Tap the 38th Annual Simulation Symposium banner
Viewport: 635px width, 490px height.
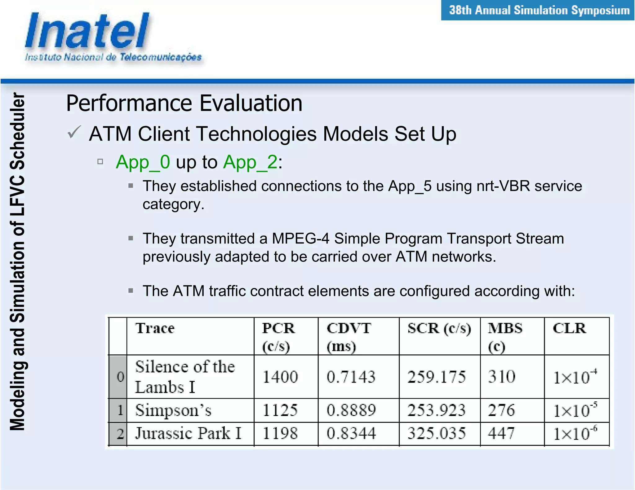pyautogui.click(x=539, y=11)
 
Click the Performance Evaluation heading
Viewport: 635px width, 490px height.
pyautogui.click(x=184, y=103)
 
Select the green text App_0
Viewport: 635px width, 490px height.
pyautogui.click(x=143, y=162)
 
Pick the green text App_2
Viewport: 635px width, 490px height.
pyautogui.click(x=250, y=162)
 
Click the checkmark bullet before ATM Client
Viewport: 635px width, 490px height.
pyautogui.click(x=74, y=132)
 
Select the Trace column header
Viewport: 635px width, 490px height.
pyautogui.click(x=155, y=328)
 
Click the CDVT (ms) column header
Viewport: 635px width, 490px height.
pyautogui.click(x=349, y=337)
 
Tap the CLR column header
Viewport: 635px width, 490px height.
pyautogui.click(x=569, y=328)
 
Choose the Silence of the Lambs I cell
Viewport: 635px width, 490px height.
pyautogui.click(x=185, y=377)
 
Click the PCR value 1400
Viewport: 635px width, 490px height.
pyautogui.click(x=280, y=377)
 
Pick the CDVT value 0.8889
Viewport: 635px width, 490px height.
pyautogui.click(x=351, y=410)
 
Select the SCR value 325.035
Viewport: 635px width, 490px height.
pyautogui.click(x=437, y=433)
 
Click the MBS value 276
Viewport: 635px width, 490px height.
pyautogui.click(x=501, y=410)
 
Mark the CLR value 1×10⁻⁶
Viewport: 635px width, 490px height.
pyautogui.click(x=575, y=433)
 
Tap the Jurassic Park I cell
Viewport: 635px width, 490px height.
pyautogui.click(x=188, y=433)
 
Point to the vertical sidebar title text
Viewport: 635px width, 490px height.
pyautogui.click(x=17, y=262)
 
